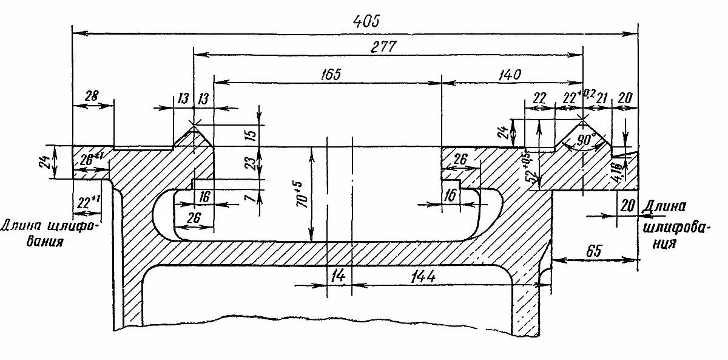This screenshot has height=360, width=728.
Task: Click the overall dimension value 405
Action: [366, 21]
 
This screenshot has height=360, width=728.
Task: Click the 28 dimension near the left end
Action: [92, 96]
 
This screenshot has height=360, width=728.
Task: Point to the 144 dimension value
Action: [422, 277]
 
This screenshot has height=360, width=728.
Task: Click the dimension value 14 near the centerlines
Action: [338, 276]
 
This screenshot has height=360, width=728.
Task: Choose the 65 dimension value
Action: [595, 249]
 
